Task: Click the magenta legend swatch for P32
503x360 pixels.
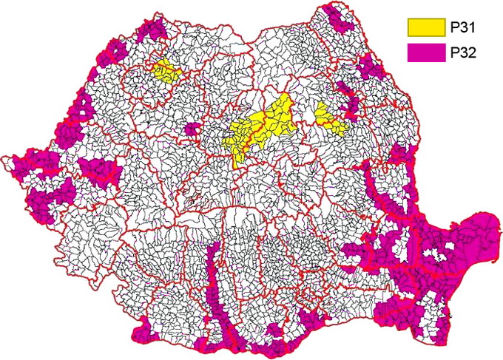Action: pyautogui.click(x=422, y=52)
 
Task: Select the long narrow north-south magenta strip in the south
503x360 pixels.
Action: pyautogui.click(x=213, y=288)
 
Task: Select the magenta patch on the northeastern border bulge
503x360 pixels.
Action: pyautogui.click(x=370, y=68)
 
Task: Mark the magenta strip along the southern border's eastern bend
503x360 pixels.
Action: pyautogui.click(x=311, y=319)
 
